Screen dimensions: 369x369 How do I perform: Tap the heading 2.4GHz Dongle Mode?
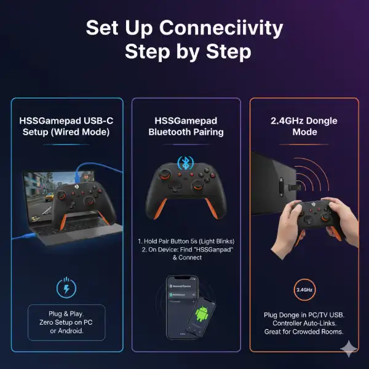[x=304, y=126]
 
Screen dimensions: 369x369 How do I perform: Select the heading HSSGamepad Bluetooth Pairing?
[x=185, y=126]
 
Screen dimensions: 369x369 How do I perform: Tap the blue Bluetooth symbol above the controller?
[x=185, y=163]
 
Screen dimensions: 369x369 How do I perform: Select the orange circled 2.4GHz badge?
[x=303, y=289]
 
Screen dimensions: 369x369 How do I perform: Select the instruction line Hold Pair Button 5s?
[x=185, y=241]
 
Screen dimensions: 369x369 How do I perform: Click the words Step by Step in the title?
[x=188, y=52]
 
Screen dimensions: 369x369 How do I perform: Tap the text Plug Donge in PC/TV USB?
[x=304, y=315]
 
